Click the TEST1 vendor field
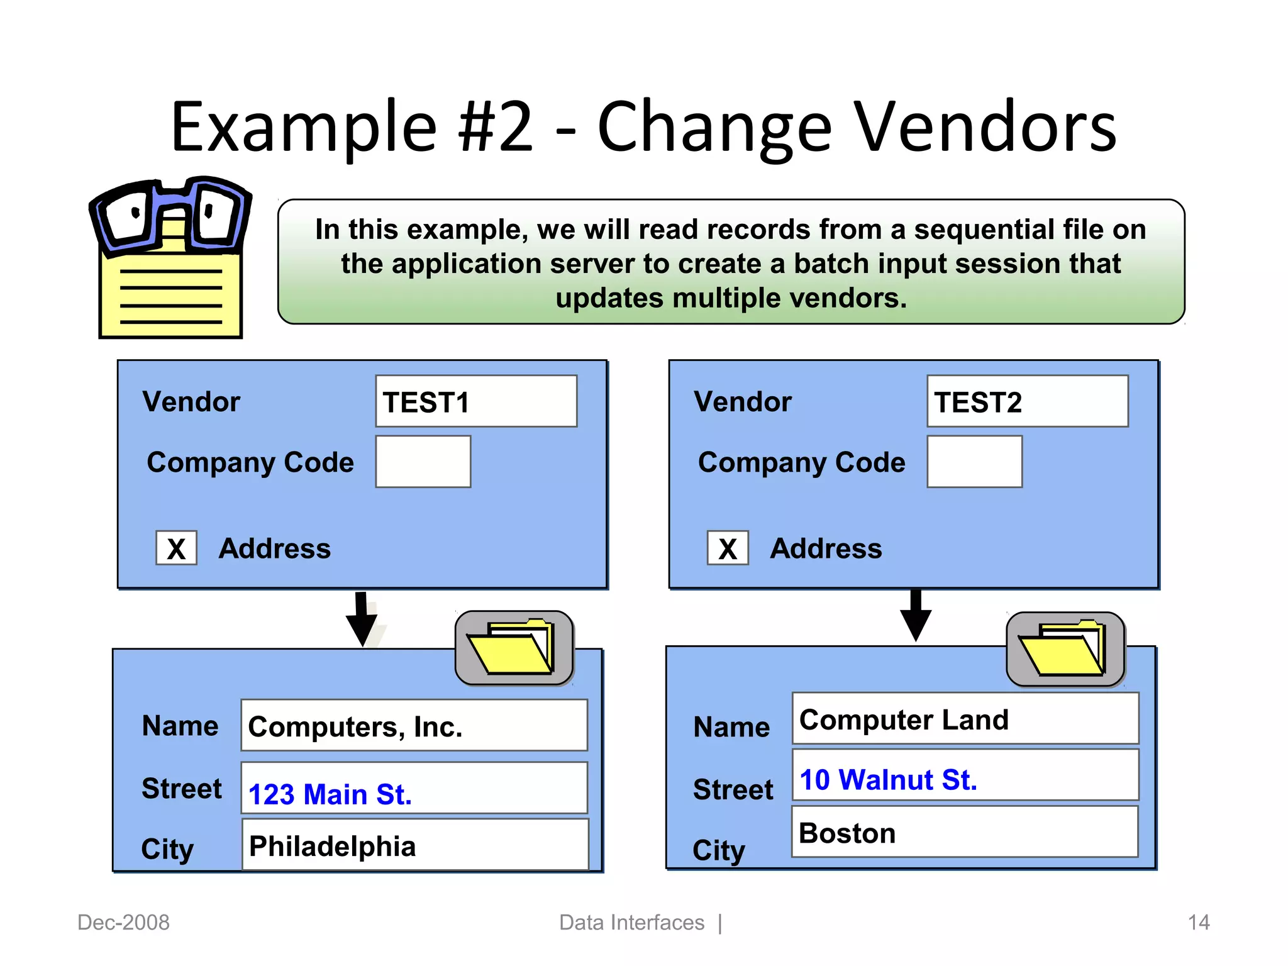click(476, 401)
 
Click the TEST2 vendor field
click(1027, 401)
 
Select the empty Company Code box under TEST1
click(423, 462)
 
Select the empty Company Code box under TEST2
click(974, 462)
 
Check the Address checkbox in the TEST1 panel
click(176, 548)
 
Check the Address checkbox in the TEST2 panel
click(728, 548)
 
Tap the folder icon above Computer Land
click(1065, 648)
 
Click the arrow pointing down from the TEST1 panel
click(362, 619)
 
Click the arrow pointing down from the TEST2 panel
click(916, 616)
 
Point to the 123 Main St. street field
click(414, 788)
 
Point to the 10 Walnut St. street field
click(965, 775)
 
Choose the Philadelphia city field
click(414, 845)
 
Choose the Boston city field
click(964, 832)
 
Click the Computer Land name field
click(965, 719)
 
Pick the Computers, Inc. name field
click(414, 725)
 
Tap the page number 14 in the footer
click(1198, 923)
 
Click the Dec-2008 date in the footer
click(123, 923)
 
